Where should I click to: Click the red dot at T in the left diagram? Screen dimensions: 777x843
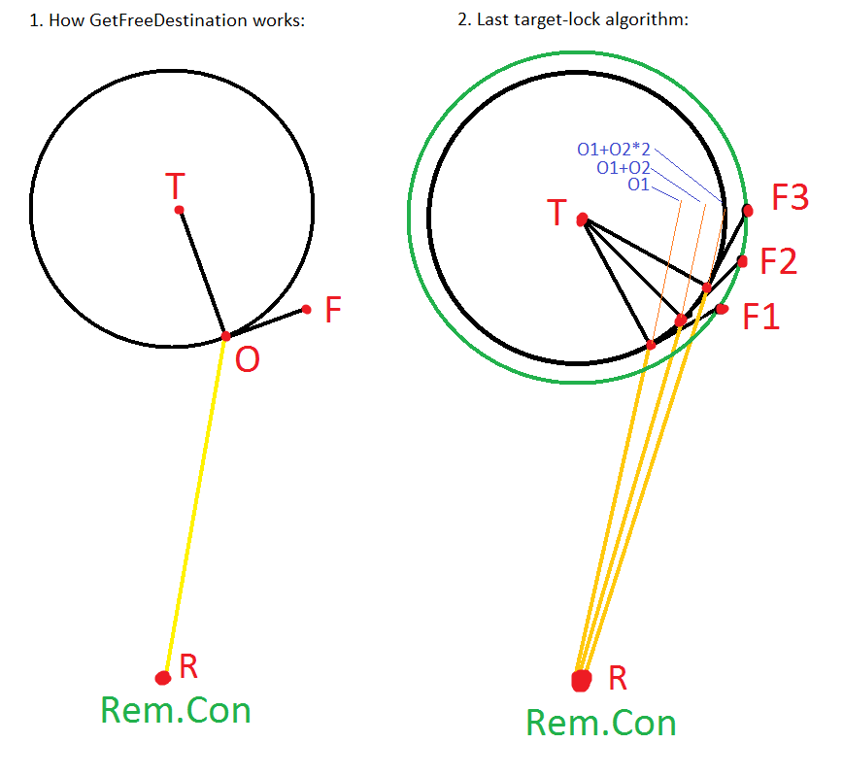click(x=179, y=210)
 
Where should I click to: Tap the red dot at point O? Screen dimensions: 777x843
click(x=225, y=336)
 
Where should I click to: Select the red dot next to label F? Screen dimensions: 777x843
click(x=306, y=310)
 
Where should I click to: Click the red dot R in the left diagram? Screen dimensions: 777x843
click(x=163, y=677)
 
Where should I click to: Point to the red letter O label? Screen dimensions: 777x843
click(x=248, y=360)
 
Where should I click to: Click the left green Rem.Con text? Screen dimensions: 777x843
click(x=176, y=711)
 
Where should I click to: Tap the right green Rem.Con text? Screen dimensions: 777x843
click(x=601, y=723)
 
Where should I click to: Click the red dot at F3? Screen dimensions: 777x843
click(x=747, y=209)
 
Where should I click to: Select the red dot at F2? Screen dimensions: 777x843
click(x=742, y=261)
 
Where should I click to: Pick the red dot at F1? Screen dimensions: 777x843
click(x=722, y=309)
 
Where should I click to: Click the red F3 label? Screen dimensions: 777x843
click(x=790, y=199)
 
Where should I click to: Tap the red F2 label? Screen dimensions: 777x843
click(x=779, y=261)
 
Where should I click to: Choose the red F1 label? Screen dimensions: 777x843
click(x=762, y=317)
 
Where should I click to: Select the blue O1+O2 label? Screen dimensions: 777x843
click(x=623, y=168)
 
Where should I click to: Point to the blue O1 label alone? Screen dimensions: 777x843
click(x=638, y=185)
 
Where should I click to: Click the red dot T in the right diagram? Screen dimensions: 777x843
click(x=583, y=220)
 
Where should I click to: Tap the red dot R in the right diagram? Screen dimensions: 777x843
click(x=582, y=680)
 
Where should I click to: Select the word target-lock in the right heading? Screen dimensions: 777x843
click(x=553, y=20)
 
